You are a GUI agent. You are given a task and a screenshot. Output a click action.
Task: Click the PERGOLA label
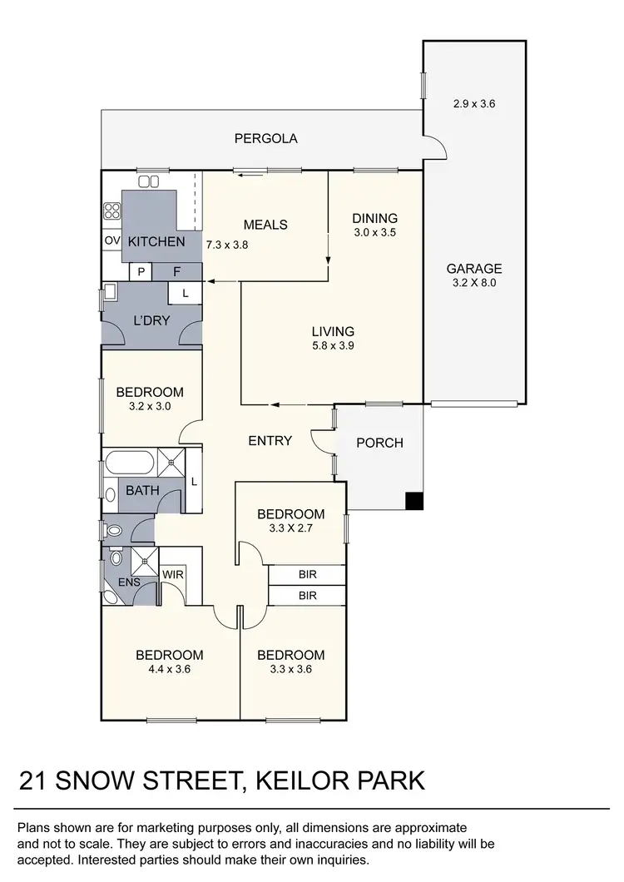tap(265, 138)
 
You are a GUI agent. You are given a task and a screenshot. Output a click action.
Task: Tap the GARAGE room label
tap(474, 269)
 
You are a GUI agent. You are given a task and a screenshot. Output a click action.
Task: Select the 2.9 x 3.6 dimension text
tap(474, 105)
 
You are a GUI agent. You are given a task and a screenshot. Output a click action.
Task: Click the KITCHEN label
tap(156, 241)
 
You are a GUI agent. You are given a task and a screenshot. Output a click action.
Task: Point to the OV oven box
tap(112, 241)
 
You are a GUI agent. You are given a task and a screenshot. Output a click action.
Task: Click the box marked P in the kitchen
tap(141, 271)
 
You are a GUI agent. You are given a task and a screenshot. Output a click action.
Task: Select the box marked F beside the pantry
tap(176, 271)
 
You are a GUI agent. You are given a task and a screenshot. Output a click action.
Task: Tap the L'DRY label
tap(151, 320)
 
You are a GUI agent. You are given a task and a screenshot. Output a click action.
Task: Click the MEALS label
tap(265, 225)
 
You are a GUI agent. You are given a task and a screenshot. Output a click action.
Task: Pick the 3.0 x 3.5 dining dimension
tap(374, 233)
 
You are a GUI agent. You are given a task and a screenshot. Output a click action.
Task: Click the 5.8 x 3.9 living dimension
tap(333, 346)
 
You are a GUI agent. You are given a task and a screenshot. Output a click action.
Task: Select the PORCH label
tap(379, 443)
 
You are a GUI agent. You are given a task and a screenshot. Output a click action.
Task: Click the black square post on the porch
tap(414, 501)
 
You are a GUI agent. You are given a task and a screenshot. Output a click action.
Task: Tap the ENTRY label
tap(270, 440)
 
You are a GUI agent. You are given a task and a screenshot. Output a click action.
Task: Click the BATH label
tap(142, 490)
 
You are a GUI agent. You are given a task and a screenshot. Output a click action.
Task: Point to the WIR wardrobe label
tap(173, 574)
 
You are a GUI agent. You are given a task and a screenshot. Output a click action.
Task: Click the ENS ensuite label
tap(129, 582)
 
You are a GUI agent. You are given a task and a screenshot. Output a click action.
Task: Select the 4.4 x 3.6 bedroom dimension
tap(170, 668)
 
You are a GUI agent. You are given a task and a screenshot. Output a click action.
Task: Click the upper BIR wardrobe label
tap(307, 574)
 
